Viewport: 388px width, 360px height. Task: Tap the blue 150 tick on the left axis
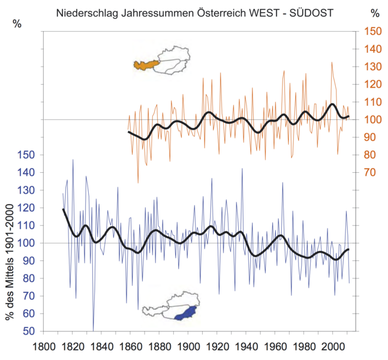click(28, 155)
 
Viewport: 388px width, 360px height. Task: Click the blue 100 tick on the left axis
click(28, 243)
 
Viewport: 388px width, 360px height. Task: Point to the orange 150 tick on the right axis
click(373, 31)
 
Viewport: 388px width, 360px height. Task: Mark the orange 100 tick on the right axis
click(373, 119)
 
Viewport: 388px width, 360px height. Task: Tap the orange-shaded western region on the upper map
click(146, 64)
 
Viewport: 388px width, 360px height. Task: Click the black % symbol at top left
click(17, 23)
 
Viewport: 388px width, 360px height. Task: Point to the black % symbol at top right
click(376, 12)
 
